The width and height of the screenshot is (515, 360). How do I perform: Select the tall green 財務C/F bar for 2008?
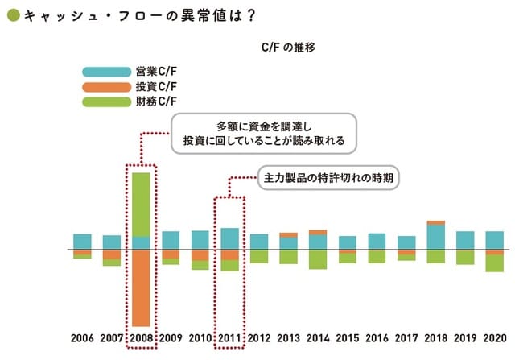141,204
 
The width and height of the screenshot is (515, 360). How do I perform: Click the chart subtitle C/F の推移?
288,48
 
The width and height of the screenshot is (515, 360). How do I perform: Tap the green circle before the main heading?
12,16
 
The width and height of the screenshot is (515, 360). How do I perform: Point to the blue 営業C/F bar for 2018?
435,237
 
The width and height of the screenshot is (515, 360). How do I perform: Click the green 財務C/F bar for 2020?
494,263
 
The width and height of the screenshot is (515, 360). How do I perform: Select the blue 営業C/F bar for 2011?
229,238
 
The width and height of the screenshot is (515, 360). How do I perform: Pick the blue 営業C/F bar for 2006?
82,242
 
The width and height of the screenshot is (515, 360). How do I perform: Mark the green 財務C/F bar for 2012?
259,256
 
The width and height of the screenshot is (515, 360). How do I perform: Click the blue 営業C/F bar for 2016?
377,242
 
